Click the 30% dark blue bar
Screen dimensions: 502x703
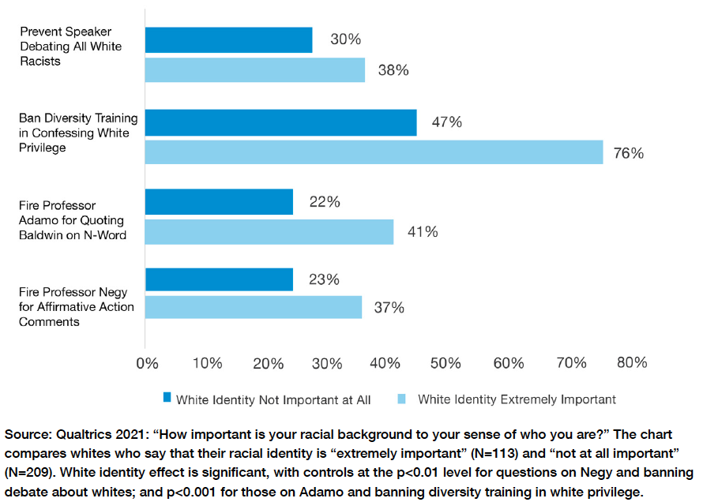tap(229, 39)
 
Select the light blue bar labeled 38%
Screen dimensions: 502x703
tap(255, 69)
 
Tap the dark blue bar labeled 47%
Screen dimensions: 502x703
tap(281, 122)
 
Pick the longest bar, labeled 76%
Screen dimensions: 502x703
tap(374, 152)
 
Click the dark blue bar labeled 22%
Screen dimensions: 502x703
tap(220, 202)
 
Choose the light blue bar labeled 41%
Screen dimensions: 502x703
tap(269, 231)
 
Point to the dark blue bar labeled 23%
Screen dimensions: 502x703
tap(220, 279)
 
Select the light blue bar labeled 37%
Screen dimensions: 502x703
tap(254, 307)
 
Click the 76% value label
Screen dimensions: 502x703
tap(629, 153)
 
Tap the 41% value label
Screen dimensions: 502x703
tap(422, 232)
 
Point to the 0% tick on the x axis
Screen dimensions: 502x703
tap(148, 363)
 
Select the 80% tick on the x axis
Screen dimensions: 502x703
tap(631, 363)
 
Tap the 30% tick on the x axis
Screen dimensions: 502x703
tap(328, 363)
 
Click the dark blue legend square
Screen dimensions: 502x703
tap(166, 399)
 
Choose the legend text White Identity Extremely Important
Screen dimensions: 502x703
tap(517, 399)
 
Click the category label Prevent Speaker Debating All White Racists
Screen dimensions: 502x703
tap(71, 47)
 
